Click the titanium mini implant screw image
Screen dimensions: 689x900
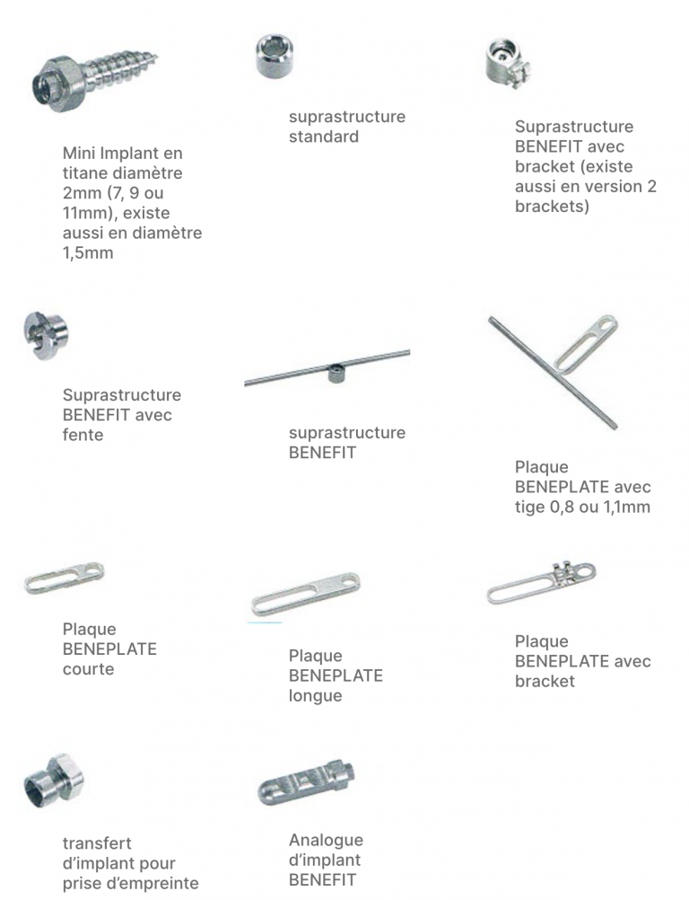(94, 79)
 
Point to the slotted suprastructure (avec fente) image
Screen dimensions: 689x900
(46, 335)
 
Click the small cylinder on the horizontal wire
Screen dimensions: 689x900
(335, 375)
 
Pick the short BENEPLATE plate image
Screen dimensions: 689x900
(65, 578)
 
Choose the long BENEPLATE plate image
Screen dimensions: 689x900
(306, 594)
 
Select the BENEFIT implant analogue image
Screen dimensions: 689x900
(306, 782)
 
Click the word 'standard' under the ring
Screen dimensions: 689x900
(324, 137)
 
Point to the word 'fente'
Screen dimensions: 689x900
(83, 435)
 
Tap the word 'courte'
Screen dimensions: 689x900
(88, 668)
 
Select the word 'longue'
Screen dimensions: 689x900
(315, 696)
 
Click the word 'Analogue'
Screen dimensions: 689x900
(327, 841)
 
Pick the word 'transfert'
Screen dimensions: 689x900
(97, 843)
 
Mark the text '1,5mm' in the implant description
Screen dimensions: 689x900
(88, 252)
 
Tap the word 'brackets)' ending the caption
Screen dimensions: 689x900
(552, 206)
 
